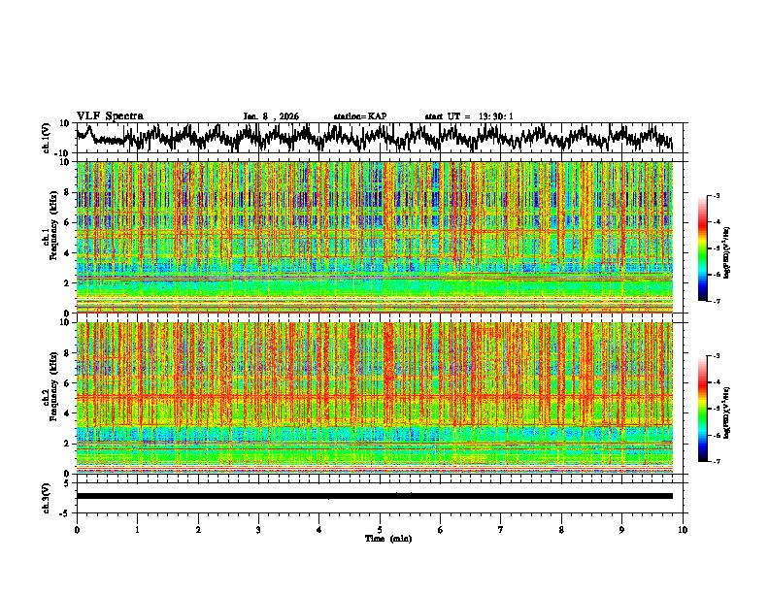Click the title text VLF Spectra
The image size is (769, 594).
pos(110,115)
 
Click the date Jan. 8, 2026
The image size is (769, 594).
pos(271,116)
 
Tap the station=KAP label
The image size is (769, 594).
pos(359,116)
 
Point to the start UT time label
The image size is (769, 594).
pos(469,116)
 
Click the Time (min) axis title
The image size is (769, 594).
pos(387,538)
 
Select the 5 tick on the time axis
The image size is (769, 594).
pos(380,529)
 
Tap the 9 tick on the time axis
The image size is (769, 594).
pos(622,529)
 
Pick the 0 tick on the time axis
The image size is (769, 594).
pos(77,529)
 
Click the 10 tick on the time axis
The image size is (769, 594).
pos(683,529)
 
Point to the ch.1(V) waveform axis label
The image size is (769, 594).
pos(46,138)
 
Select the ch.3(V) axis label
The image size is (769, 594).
pos(46,496)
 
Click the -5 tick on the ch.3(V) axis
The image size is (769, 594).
pos(65,511)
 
